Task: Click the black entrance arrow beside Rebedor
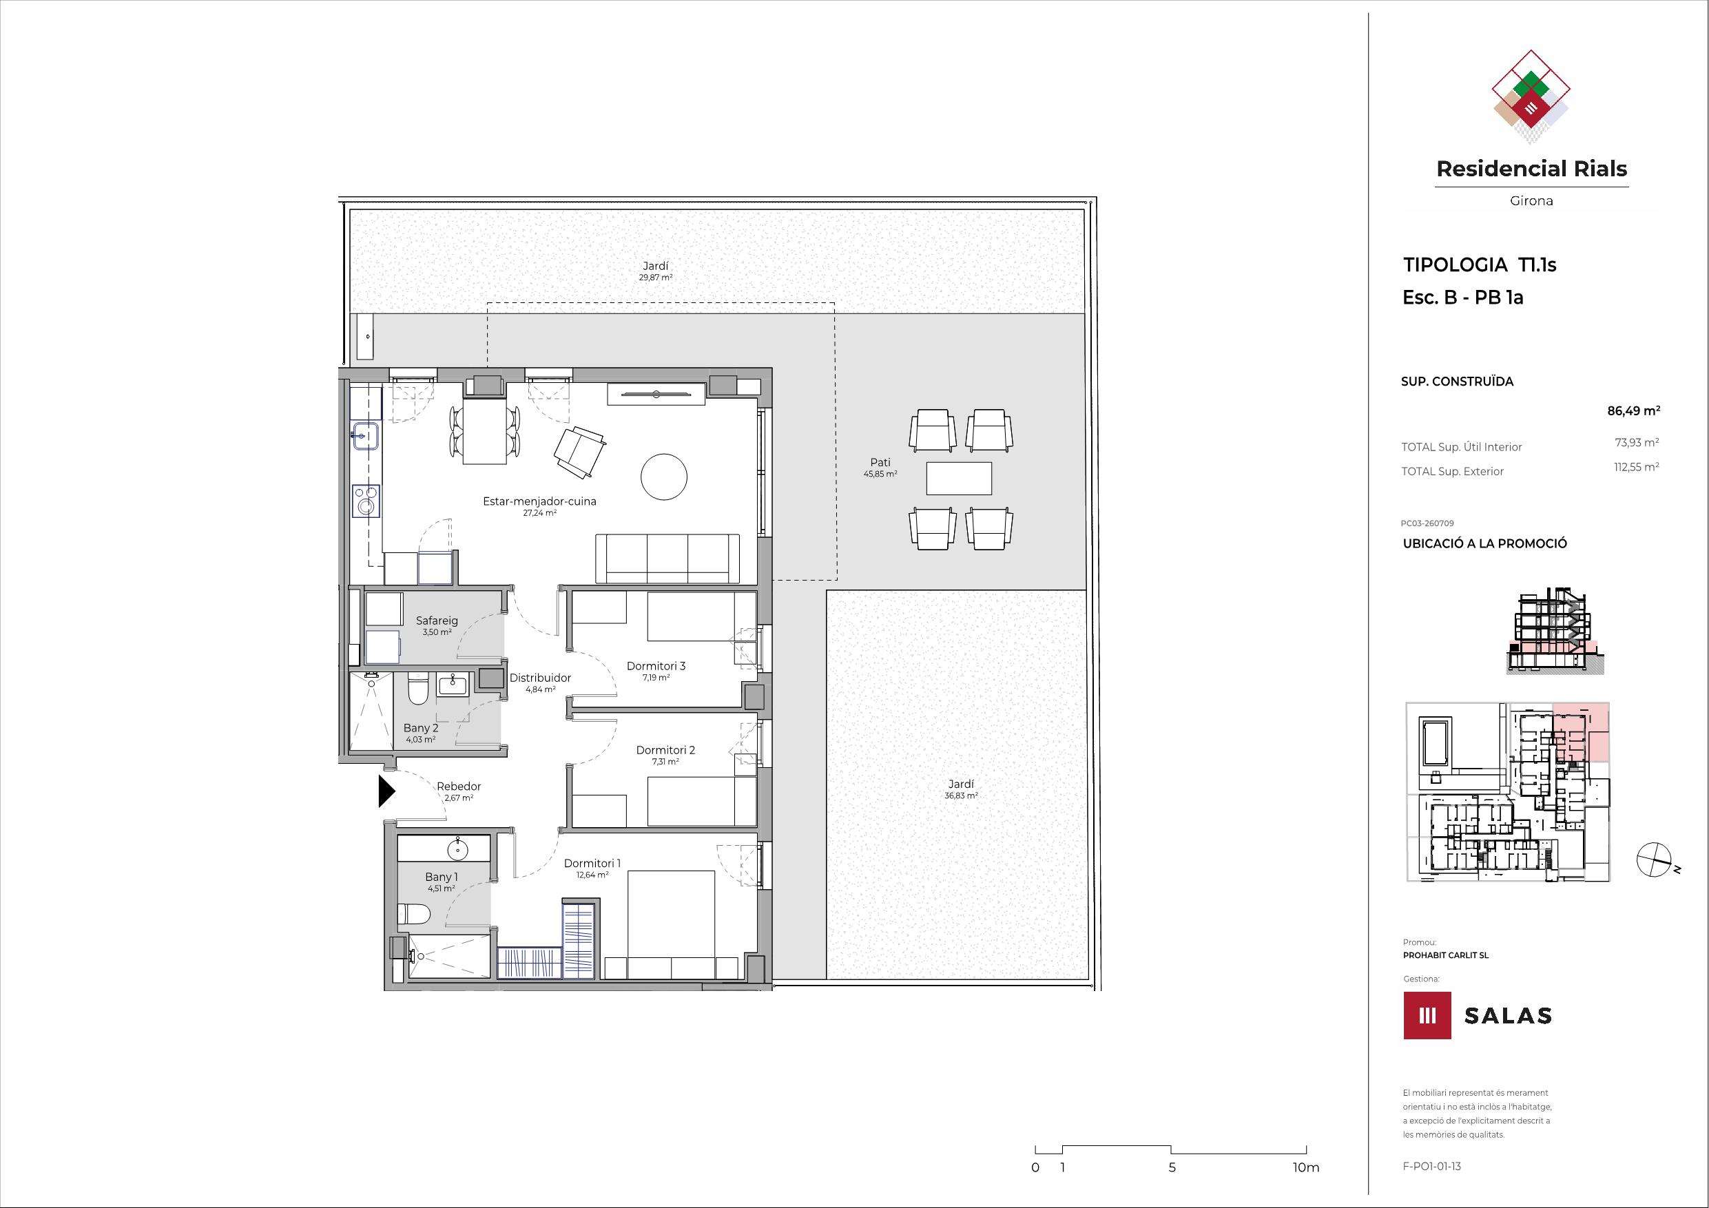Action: (x=386, y=792)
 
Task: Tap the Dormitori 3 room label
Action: (x=656, y=666)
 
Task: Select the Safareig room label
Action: (x=437, y=621)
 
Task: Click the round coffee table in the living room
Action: (x=664, y=477)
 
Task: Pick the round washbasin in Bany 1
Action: (x=457, y=849)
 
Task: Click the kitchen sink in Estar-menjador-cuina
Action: (x=367, y=436)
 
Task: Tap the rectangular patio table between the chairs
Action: (x=959, y=478)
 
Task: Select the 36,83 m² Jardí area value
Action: (x=961, y=795)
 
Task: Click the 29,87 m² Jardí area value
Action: (x=656, y=278)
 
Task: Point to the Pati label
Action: (x=880, y=462)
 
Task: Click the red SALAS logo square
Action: (x=1427, y=1015)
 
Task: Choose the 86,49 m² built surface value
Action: (x=1634, y=410)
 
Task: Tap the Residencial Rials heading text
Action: (x=1532, y=169)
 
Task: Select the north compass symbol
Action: (x=1655, y=859)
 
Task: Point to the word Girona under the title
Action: (x=1532, y=201)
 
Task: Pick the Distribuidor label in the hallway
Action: (x=540, y=678)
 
